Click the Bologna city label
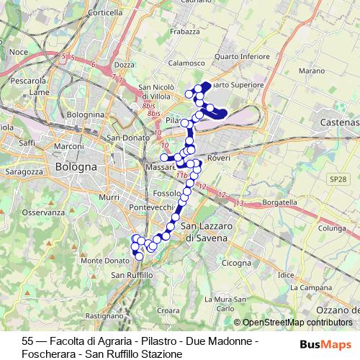75,167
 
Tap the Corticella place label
105,13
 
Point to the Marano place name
312,71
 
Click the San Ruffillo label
132,275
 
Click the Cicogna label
235,263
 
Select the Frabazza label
185,32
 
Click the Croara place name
167,310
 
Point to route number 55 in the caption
28,341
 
